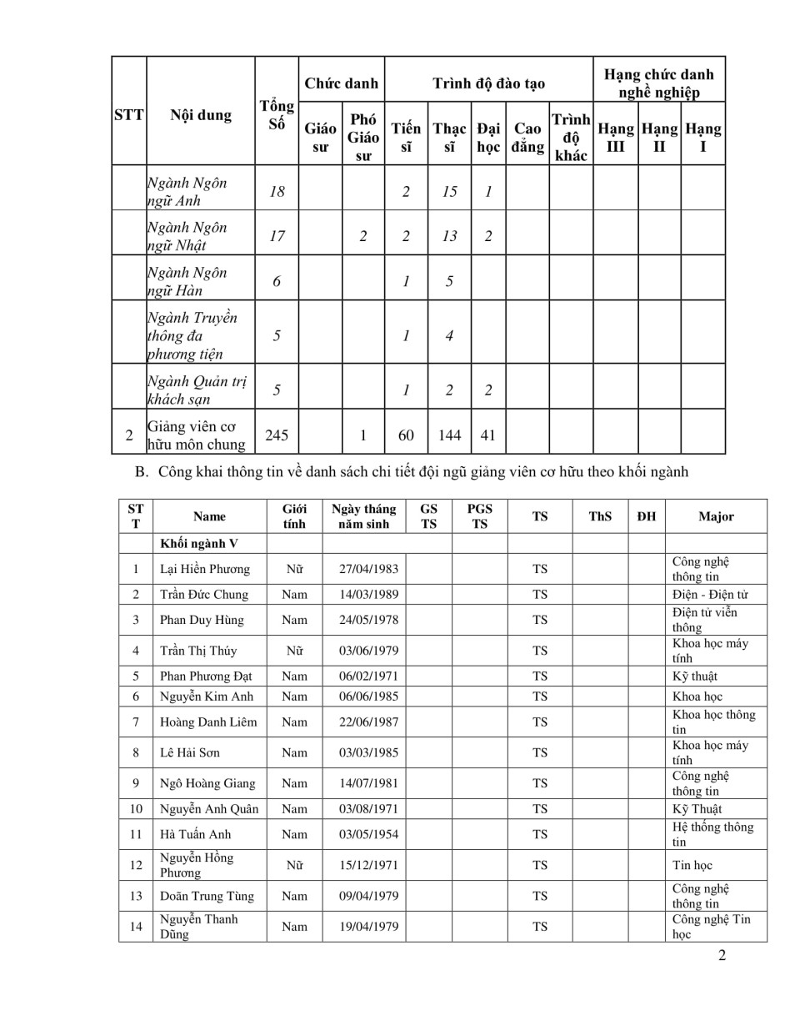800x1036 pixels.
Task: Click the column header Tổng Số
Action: pos(277,115)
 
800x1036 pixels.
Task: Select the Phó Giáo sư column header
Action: pos(363,137)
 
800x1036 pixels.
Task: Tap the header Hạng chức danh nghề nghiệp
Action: pos(658,83)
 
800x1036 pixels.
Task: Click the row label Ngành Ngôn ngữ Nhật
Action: pos(187,236)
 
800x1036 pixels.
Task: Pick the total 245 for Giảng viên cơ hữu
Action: pos(277,435)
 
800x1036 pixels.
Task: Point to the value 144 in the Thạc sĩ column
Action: pos(449,435)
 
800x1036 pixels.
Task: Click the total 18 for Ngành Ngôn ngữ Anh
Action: pos(277,191)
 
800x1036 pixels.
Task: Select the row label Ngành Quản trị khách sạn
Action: pos(197,390)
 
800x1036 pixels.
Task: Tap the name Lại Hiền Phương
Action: pos(205,569)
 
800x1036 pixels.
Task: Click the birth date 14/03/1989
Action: pos(368,595)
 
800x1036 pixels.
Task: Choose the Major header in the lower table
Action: pos(716,516)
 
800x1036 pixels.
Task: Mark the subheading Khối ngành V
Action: pos(199,544)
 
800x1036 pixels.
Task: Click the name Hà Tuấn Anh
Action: pos(196,834)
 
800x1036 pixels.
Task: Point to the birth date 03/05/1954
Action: pos(368,834)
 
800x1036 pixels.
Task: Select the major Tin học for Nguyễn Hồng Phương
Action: pos(692,865)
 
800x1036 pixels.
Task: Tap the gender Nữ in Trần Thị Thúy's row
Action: pos(294,651)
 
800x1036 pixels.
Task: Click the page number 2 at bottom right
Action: pos(722,956)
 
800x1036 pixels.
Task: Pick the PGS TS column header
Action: pos(479,516)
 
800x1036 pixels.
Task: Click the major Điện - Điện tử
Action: pos(710,595)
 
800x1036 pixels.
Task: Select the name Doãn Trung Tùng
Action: pos(207,896)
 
